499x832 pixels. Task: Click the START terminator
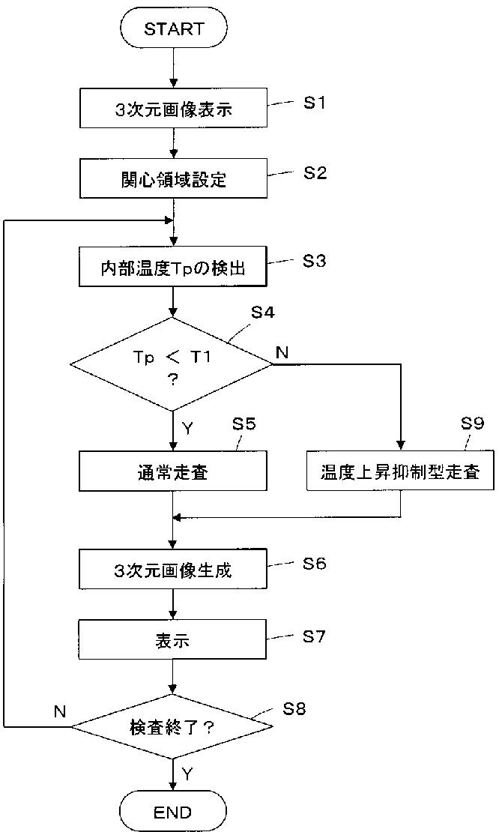tap(173, 28)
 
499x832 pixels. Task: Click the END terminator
tap(173, 811)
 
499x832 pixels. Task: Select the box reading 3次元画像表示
tap(173, 109)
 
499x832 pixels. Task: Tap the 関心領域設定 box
tap(173, 179)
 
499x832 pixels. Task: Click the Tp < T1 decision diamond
tap(172, 364)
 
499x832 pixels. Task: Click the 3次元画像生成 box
tap(173, 570)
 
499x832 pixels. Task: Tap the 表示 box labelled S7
tap(173, 641)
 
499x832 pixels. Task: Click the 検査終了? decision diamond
tap(172, 726)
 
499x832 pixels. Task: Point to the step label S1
tap(314, 103)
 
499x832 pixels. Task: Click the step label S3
tap(315, 261)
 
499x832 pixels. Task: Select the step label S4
tap(262, 312)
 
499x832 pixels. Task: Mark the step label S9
tap(473, 424)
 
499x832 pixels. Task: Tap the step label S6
tap(315, 563)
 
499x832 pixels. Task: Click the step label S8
tap(294, 709)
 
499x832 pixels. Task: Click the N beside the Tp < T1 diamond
tap(282, 353)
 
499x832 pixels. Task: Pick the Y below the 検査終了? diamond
tap(187, 772)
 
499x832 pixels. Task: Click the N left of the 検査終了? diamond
tap(60, 711)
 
